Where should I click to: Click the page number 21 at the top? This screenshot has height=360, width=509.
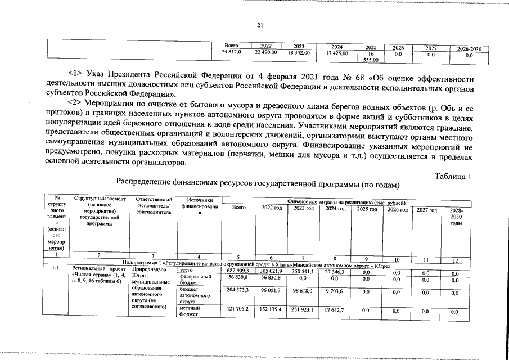[x=260, y=24]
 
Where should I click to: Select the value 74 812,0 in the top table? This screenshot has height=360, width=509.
[x=232, y=53]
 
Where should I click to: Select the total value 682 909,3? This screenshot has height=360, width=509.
[x=238, y=271]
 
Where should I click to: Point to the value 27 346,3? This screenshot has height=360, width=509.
[x=335, y=271]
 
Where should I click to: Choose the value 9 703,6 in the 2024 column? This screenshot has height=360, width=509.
[x=335, y=291]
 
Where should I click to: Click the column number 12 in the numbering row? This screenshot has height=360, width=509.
[x=456, y=260]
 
